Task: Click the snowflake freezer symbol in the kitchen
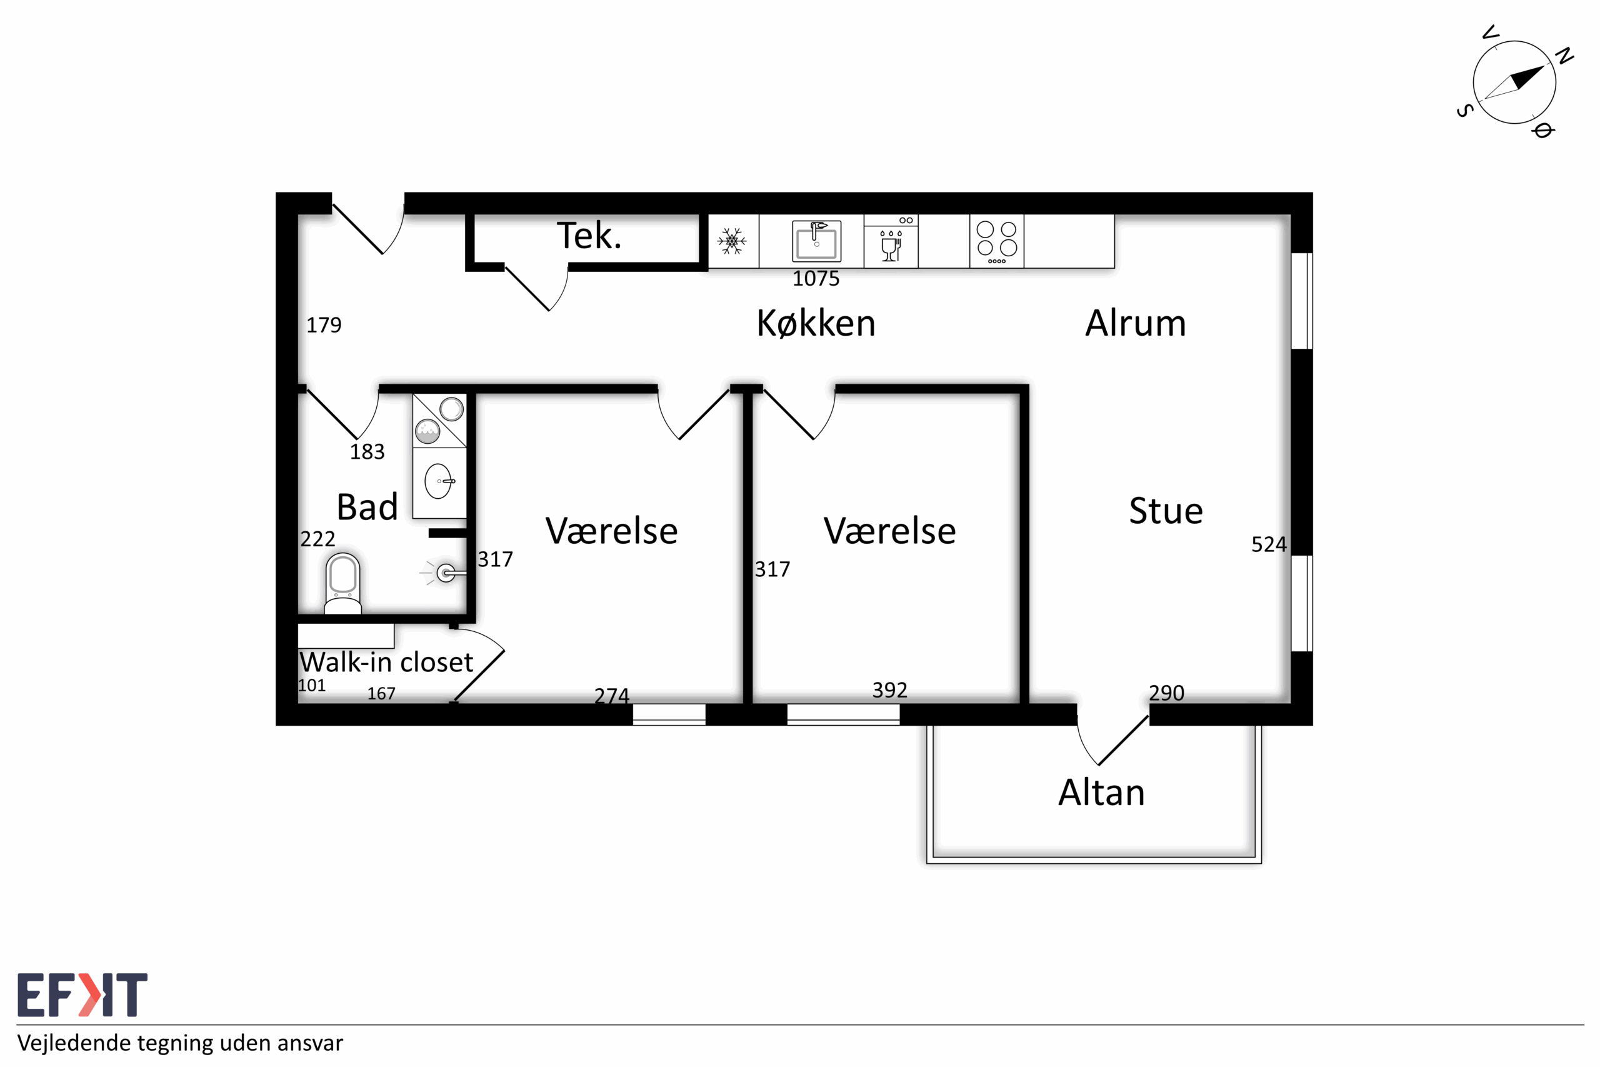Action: pos(731,241)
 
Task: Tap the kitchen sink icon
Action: pos(816,241)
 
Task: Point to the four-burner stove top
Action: pos(997,241)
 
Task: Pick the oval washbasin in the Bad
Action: pos(438,481)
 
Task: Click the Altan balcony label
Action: pos(1101,793)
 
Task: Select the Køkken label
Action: pos(816,323)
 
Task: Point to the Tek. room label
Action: pos(589,236)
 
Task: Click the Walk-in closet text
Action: pos(386,662)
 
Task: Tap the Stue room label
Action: pos(1166,511)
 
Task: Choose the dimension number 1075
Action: pos(816,278)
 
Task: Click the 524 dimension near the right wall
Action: pos(1269,544)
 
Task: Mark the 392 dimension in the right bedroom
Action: pos(890,690)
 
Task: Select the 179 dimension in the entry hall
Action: pos(324,325)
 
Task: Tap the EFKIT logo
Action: pos(82,995)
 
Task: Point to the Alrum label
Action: pos(1136,323)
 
